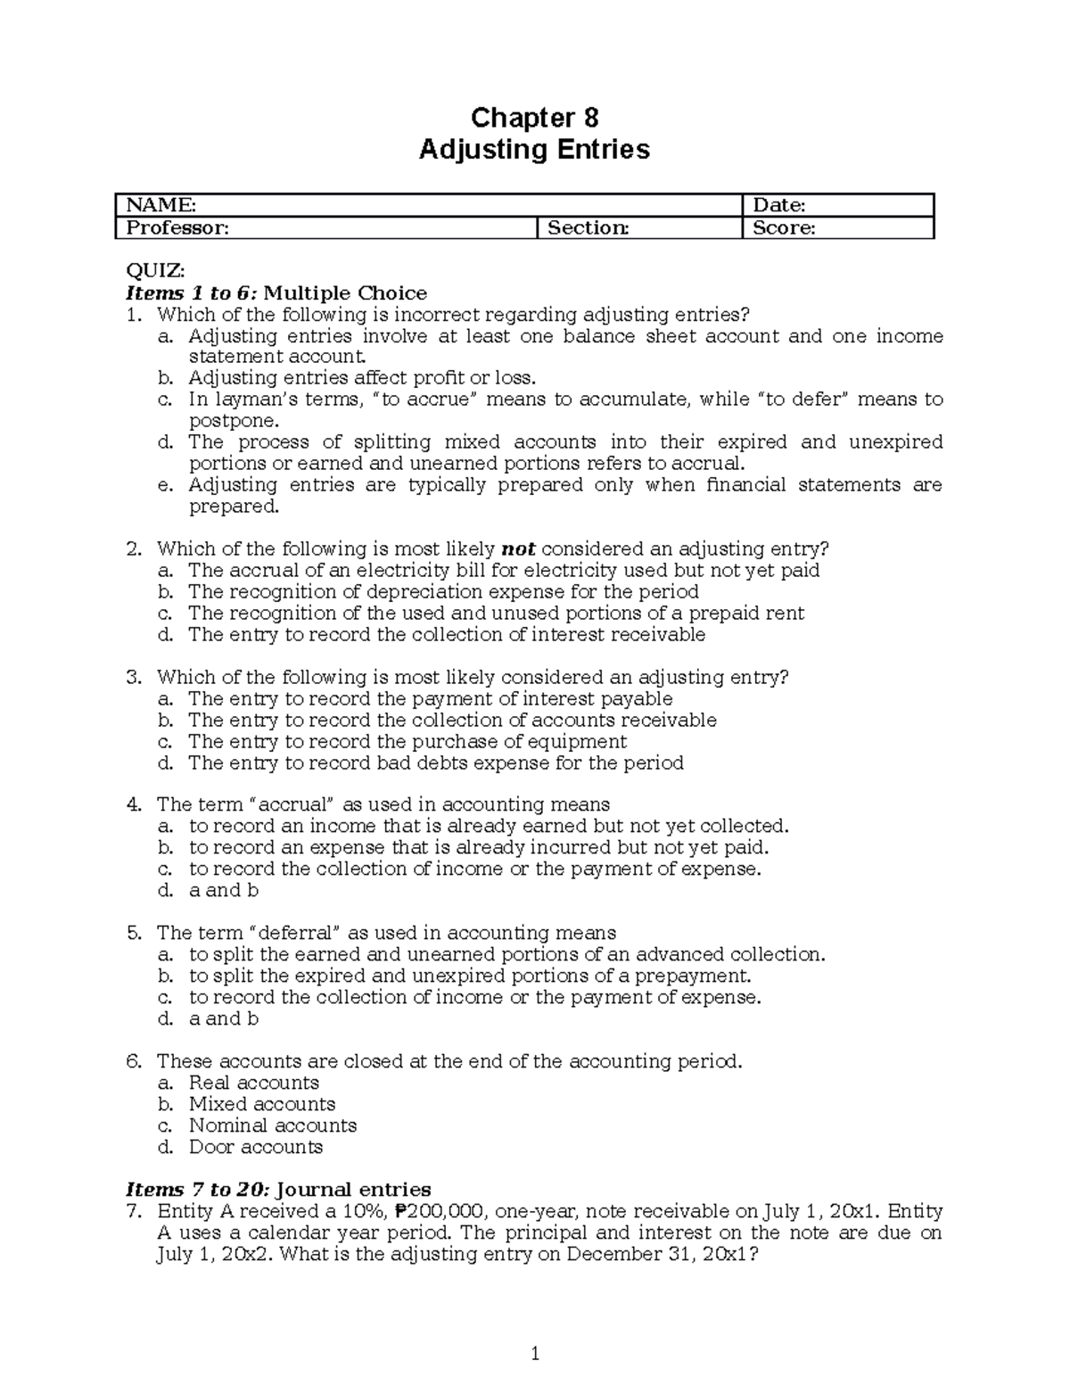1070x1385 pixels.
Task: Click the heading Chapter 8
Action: [x=534, y=118]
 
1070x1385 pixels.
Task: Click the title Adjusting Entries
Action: [x=534, y=150]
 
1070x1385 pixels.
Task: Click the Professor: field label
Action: [x=177, y=228]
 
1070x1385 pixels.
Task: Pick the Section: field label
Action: [x=588, y=228]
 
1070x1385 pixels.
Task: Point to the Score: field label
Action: [x=784, y=228]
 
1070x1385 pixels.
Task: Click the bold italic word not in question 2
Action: [x=519, y=549]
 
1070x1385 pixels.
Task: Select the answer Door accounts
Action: [x=255, y=1147]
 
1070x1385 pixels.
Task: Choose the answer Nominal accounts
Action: [x=272, y=1125]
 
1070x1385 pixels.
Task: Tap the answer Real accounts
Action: [x=253, y=1083]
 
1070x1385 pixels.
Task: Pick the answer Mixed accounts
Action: [x=261, y=1104]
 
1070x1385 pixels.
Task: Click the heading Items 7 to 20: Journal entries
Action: [x=278, y=1190]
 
